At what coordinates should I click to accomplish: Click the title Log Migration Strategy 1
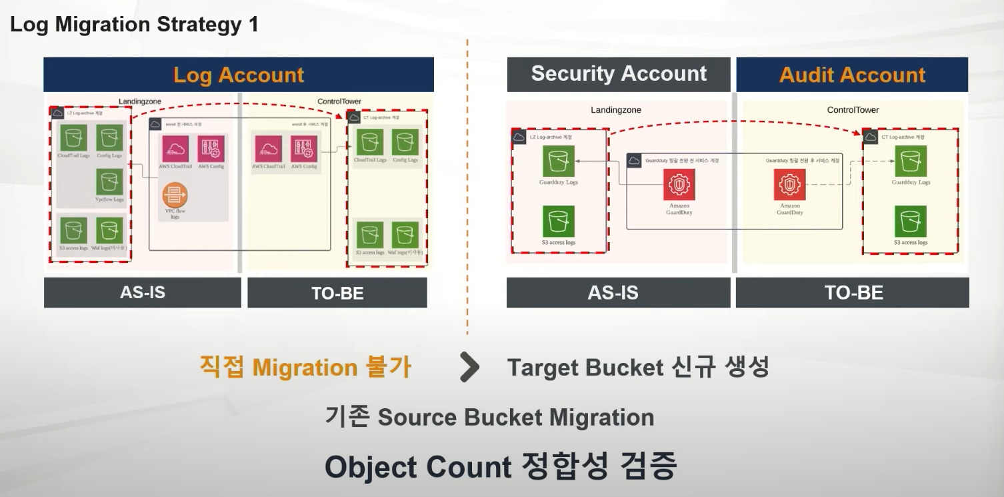[134, 25]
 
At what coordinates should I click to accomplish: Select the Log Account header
[239, 75]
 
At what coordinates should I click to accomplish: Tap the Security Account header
[619, 74]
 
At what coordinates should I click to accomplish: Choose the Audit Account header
[852, 75]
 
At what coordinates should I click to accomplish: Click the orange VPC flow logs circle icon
[175, 195]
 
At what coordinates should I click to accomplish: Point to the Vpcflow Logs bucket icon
[109, 181]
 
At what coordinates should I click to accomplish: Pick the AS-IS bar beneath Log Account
[143, 293]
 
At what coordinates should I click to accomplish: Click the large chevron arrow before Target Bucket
[469, 368]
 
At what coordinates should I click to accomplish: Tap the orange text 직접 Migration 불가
[305, 367]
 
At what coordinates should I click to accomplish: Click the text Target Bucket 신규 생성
[638, 368]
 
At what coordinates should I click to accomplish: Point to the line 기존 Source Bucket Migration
[489, 418]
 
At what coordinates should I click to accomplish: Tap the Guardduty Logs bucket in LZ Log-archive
[558, 162]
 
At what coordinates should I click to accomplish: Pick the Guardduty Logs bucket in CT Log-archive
[911, 162]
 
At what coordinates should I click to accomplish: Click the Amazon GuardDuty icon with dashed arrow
[790, 185]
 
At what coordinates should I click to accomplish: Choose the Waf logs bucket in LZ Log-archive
[109, 231]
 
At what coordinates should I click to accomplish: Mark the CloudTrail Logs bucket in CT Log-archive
[369, 143]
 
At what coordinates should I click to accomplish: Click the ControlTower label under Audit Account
[853, 110]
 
